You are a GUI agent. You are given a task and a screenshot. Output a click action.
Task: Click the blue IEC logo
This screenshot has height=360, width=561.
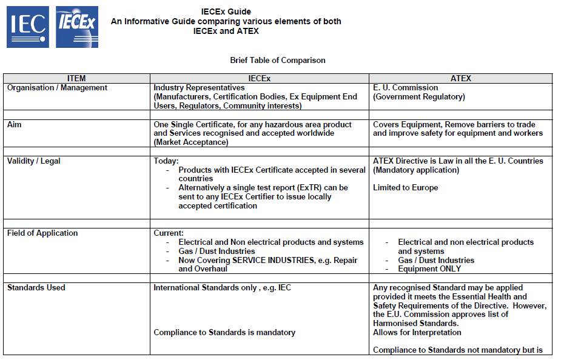point(27,27)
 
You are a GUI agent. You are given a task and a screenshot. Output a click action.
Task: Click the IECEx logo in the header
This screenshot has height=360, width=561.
point(77,27)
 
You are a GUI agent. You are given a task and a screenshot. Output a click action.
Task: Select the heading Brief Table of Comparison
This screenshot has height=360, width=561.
point(278,61)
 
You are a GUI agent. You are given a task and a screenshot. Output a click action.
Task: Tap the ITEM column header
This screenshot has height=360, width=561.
point(76,79)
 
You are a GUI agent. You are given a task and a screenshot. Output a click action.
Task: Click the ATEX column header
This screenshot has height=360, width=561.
point(461,79)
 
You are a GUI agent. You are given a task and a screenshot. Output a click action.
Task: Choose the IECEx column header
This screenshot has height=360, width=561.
point(260,79)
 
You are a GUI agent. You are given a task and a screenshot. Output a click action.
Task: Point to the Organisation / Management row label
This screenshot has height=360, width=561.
point(57,88)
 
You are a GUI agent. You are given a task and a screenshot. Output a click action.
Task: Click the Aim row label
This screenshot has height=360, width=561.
point(15,124)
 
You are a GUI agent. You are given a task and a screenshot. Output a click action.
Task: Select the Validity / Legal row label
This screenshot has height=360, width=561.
point(34,161)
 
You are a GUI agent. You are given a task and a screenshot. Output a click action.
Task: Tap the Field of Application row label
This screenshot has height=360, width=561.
point(42,233)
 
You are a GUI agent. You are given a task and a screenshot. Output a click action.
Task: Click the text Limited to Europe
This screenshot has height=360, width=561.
point(405,188)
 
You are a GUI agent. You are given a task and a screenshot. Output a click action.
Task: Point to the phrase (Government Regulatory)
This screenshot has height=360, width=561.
point(419,97)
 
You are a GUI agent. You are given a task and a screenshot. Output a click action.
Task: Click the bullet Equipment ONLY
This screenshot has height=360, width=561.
point(429,269)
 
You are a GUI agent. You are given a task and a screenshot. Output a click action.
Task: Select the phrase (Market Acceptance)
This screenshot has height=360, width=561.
point(191,142)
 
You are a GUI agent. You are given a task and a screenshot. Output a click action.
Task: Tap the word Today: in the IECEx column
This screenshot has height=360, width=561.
point(166,161)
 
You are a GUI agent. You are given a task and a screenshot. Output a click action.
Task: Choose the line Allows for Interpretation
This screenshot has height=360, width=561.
point(417,333)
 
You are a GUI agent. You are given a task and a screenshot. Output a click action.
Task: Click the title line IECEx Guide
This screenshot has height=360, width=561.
point(226,12)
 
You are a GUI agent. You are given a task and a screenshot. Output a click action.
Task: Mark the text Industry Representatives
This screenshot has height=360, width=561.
point(199,88)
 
